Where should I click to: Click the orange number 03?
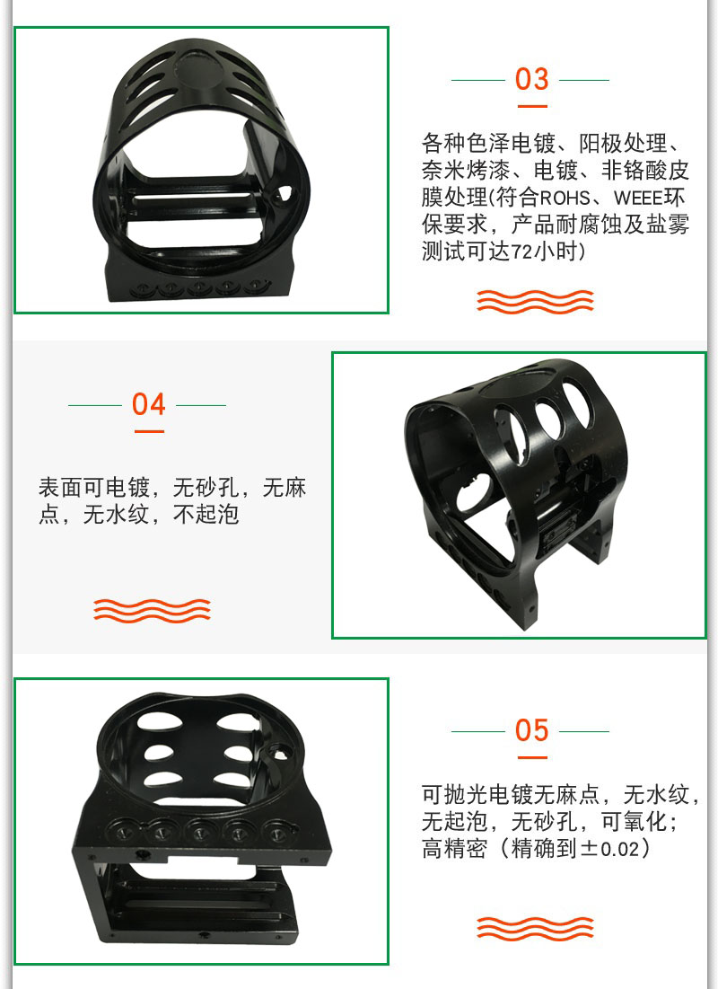[x=531, y=79]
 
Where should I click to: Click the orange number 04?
[x=149, y=404]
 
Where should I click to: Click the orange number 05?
[x=531, y=730]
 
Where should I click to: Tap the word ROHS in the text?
[x=565, y=198]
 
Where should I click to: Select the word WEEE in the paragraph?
[x=639, y=198]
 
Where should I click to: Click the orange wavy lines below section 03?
[x=535, y=302]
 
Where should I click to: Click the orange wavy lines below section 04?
[x=152, y=610]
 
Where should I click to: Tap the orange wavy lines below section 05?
[x=535, y=928]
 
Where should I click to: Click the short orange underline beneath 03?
[x=532, y=106]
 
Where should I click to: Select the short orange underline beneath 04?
[x=149, y=431]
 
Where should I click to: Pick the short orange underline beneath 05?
[x=532, y=757]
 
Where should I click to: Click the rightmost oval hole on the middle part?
[x=577, y=403]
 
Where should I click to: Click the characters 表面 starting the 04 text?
[x=60, y=488]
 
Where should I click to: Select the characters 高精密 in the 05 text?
[x=454, y=848]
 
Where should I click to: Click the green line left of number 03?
[x=477, y=80]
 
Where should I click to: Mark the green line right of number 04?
[x=201, y=405]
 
